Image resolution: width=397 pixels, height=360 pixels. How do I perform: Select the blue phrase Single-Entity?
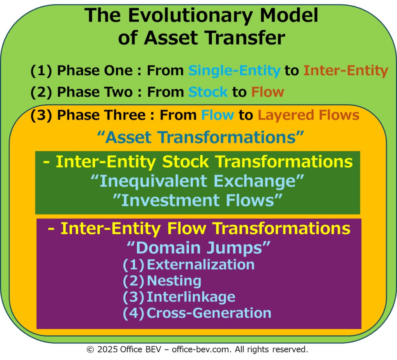pyautogui.click(x=235, y=71)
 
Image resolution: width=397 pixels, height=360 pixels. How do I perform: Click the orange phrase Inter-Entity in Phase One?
pyautogui.click(x=345, y=71)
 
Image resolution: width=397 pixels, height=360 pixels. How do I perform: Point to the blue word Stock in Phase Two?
pyautogui.click(x=208, y=92)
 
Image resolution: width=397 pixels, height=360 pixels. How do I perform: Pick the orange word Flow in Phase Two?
pyautogui.click(x=268, y=92)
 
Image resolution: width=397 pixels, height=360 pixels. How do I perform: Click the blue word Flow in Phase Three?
pyautogui.click(x=218, y=115)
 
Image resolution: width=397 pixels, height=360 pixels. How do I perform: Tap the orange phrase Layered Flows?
pyautogui.click(x=308, y=115)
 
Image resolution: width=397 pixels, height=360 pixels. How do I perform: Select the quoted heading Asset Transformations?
pyautogui.click(x=200, y=137)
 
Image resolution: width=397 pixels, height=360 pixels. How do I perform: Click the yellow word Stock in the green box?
pyautogui.click(x=185, y=162)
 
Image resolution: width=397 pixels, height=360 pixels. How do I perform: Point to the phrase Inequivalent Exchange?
pyautogui.click(x=197, y=181)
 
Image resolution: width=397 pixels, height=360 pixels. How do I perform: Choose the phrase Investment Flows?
pyautogui.click(x=198, y=201)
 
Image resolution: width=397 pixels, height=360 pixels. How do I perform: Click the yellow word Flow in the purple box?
pyautogui.click(x=186, y=228)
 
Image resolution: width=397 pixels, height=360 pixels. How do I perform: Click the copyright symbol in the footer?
pyautogui.click(x=90, y=350)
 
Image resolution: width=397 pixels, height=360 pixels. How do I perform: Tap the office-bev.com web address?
pyautogui.click(x=202, y=350)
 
